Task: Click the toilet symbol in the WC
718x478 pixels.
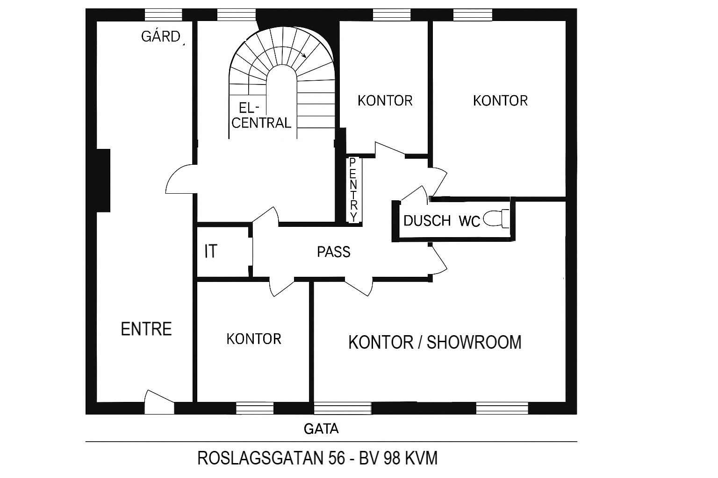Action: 496,218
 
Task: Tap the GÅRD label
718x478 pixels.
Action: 161,36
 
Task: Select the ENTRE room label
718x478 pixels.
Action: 146,329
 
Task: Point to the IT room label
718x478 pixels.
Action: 211,251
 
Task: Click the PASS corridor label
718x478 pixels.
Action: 333,252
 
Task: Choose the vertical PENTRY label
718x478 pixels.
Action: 353,190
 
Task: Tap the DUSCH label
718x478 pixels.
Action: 427,221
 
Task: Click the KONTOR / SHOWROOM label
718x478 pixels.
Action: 435,342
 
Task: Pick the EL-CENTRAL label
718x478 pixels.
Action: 261,116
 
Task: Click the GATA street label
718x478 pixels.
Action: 321,429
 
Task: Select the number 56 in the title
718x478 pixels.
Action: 336,458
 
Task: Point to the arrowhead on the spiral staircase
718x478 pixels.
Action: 304,56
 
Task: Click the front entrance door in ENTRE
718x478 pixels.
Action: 159,402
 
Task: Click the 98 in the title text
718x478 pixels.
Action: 392,458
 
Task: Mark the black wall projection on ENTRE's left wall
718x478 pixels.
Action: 103,180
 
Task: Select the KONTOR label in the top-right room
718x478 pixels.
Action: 500,100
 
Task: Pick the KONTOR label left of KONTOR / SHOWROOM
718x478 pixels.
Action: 253,339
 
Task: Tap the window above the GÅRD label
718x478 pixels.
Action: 164,15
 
